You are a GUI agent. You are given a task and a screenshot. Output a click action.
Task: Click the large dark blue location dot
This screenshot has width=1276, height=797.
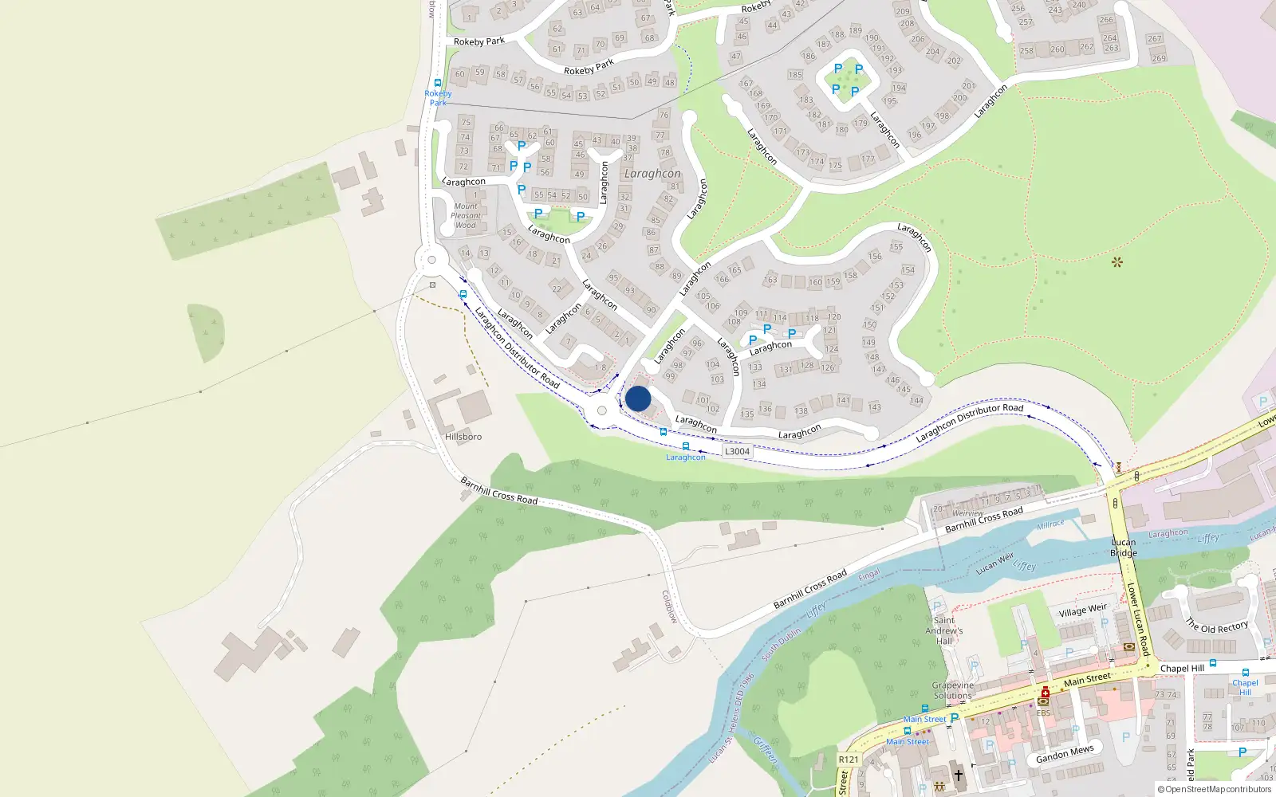638,398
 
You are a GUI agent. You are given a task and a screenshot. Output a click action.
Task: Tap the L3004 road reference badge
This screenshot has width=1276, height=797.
737,451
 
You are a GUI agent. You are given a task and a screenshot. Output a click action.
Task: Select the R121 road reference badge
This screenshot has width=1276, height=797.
849,760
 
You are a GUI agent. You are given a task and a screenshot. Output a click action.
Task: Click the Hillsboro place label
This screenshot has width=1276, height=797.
463,437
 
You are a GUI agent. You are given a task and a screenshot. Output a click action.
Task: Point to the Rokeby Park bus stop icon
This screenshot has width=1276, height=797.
437,83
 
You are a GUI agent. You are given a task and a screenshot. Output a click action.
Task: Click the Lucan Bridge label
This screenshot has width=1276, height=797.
1123,548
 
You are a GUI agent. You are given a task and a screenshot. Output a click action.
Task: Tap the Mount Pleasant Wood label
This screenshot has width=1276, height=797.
466,215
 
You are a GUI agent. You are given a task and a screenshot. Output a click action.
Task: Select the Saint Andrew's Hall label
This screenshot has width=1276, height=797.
944,630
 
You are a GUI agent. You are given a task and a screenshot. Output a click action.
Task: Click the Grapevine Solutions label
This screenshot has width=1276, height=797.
952,690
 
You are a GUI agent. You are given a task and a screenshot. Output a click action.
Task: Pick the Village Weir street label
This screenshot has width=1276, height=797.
1082,611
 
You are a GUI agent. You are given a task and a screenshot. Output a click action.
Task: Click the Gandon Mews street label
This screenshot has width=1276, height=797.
1065,754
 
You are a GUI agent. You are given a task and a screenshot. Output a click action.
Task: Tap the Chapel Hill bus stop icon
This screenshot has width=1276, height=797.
1245,673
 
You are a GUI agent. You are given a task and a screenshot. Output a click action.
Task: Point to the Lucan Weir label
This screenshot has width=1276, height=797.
994,563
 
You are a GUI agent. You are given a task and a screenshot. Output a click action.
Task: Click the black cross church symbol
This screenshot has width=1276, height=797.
959,774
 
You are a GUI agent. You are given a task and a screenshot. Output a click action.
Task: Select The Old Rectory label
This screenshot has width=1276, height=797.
1216,626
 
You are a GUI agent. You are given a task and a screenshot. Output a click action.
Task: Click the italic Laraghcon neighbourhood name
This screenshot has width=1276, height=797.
652,174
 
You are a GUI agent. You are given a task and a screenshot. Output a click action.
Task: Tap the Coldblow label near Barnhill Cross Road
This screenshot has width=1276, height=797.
669,607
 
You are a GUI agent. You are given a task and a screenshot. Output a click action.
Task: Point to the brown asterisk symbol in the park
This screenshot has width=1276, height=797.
1116,261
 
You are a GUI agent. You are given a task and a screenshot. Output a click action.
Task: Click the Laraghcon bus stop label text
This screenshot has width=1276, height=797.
686,457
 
